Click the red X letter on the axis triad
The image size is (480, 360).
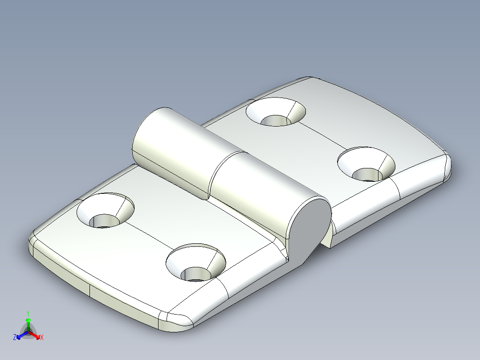coord(42,338)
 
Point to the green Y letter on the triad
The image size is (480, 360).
coord(28,313)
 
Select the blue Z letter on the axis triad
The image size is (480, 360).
coord(15,338)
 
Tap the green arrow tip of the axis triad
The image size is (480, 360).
coord(28,320)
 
